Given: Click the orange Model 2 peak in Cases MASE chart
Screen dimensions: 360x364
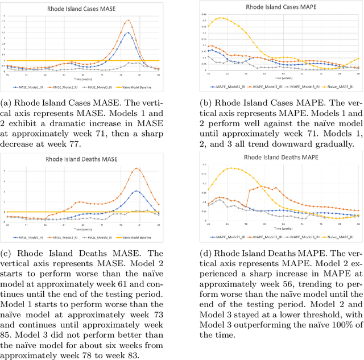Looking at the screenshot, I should pyautogui.click(x=129, y=20).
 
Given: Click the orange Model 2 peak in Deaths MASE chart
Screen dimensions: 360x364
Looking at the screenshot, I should pyautogui.click(x=136, y=168).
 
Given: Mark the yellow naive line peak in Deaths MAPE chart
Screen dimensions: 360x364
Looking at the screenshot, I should pyautogui.click(x=230, y=168).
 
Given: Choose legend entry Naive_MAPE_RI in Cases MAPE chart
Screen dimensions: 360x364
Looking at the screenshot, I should pyautogui.click(x=341, y=87).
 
